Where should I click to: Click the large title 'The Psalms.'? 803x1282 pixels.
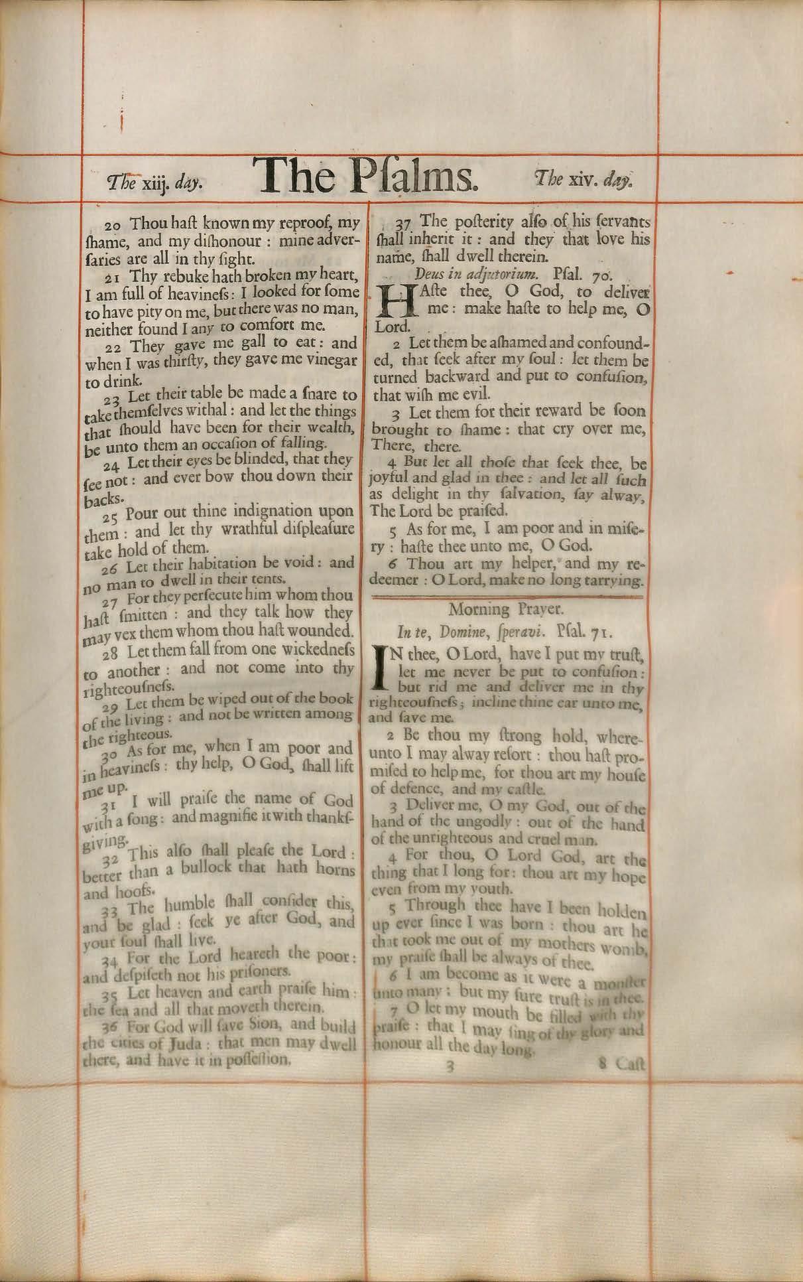(367, 176)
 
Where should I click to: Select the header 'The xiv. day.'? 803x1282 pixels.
(583, 179)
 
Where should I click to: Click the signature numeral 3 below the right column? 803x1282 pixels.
(450, 1068)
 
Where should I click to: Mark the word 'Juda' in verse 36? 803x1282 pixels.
(173, 1043)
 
